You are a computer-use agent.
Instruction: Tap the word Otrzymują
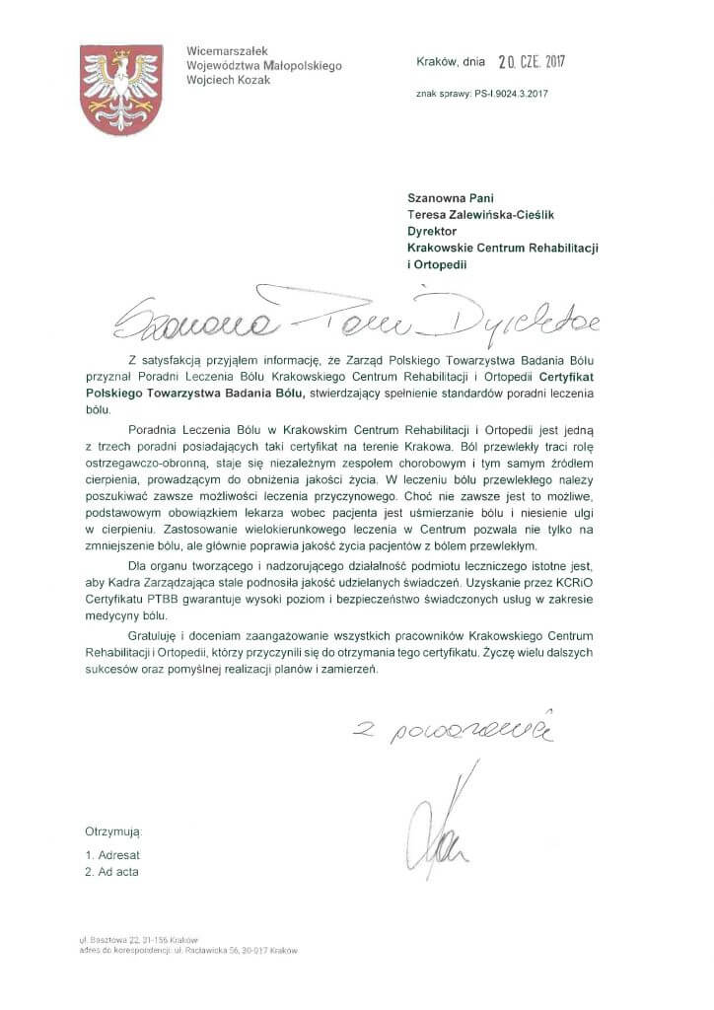tap(113, 833)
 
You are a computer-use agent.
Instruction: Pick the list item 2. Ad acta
tap(111, 873)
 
